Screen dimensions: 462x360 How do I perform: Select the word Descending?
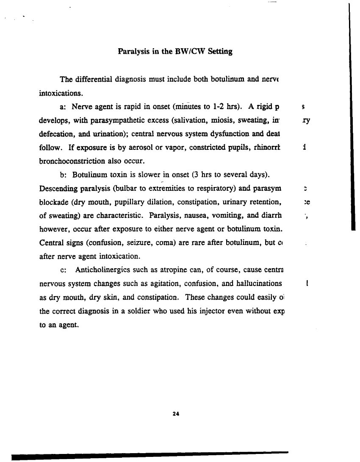click(x=55, y=188)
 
